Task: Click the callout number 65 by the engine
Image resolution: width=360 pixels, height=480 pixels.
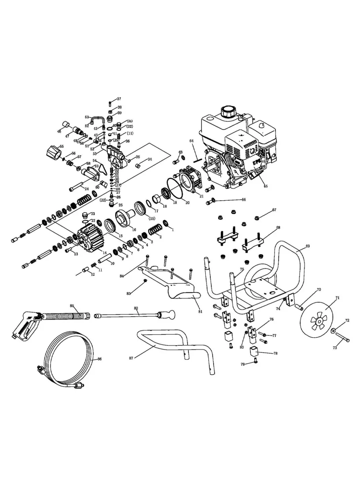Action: (x=265, y=186)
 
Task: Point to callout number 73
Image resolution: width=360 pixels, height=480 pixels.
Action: (x=335, y=347)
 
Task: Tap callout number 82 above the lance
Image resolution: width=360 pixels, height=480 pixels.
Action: (x=136, y=308)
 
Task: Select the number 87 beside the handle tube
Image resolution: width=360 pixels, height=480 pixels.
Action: (x=132, y=358)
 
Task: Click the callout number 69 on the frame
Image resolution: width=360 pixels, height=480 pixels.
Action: (x=307, y=246)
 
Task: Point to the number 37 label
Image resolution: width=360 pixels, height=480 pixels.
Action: (x=119, y=99)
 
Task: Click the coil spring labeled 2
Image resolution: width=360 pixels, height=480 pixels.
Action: (x=154, y=230)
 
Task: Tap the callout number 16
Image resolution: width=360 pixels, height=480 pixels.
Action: (x=134, y=229)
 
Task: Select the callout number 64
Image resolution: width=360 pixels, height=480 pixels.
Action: (x=191, y=141)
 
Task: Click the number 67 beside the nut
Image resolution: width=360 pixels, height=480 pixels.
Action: (x=274, y=209)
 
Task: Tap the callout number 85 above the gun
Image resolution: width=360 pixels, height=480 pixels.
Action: (x=72, y=306)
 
